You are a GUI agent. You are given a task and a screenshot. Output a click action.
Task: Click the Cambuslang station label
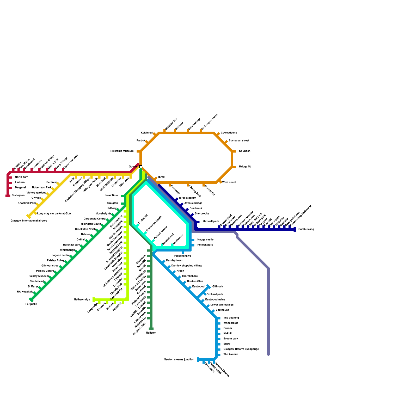click(306, 229)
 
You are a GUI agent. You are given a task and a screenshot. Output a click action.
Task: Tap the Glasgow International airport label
click(29, 221)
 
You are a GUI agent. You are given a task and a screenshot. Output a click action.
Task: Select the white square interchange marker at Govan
click(141, 167)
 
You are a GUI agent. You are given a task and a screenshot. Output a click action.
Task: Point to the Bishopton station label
click(18, 195)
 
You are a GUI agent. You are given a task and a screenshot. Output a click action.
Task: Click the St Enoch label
click(244, 151)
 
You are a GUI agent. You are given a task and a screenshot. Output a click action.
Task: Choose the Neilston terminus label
click(151, 333)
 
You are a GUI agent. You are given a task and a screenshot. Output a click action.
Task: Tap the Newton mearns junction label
click(179, 360)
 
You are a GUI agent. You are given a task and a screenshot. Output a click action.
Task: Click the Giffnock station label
click(218, 287)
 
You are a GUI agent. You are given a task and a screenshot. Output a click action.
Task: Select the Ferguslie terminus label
click(31, 304)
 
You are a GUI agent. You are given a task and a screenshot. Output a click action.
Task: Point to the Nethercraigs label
click(82, 300)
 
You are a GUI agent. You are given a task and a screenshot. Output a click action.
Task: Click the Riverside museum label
click(122, 151)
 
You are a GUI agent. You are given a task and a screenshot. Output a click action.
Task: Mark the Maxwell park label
click(211, 222)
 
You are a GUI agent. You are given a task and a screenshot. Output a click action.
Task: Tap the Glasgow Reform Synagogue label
click(241, 349)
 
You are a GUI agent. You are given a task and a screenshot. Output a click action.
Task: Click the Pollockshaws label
click(182, 256)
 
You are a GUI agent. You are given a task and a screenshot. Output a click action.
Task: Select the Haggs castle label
click(205, 240)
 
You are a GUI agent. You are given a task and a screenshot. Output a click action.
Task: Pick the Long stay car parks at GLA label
click(54, 214)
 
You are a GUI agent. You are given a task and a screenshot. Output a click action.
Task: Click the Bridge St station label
click(245, 167)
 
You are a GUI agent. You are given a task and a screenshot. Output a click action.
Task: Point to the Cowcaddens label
click(229, 133)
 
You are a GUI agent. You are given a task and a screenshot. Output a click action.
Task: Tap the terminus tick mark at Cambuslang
click(295, 229)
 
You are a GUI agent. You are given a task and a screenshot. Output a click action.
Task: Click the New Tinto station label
click(112, 195)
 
